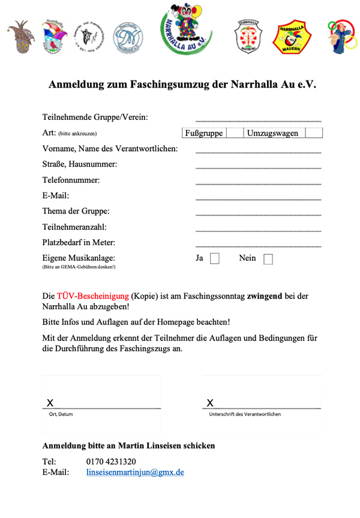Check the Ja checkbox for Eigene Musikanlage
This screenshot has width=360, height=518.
pyautogui.click(x=215, y=259)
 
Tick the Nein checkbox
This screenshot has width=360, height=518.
pyautogui.click(x=268, y=259)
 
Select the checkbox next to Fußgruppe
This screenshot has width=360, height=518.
pyautogui.click(x=230, y=133)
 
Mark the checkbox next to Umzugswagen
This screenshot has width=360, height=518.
pyautogui.click(x=314, y=133)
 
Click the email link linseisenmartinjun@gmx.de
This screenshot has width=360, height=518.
pyautogui.click(x=135, y=472)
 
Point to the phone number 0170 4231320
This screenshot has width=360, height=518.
pyautogui.click(x=111, y=461)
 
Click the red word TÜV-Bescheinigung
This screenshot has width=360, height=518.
pyautogui.click(x=92, y=296)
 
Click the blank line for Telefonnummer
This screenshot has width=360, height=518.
pyautogui.click(x=258, y=182)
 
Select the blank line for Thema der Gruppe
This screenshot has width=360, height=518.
pyautogui.click(x=258, y=213)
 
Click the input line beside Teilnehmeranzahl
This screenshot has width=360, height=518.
pyautogui.click(x=258, y=230)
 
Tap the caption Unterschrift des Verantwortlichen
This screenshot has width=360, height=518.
pyautogui.click(x=244, y=414)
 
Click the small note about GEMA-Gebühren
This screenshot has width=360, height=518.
pyautogui.click(x=79, y=267)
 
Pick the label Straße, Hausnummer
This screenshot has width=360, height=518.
pyautogui.click(x=80, y=164)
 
